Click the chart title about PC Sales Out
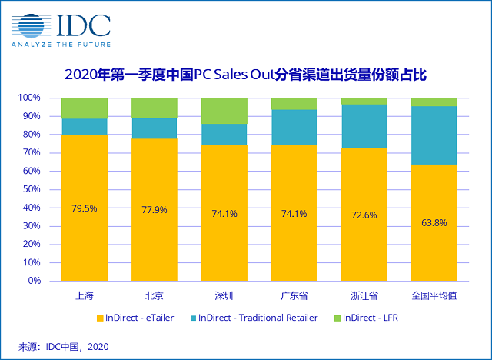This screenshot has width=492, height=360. coord(246,75)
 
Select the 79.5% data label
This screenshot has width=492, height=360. coord(84,208)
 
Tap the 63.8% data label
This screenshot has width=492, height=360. coord(434,223)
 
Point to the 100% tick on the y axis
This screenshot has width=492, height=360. coord(30,98)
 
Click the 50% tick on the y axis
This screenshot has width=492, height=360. coord(32,189)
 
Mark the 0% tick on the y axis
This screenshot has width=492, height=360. coord(35,281)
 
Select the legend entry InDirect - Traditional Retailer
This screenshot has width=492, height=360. coord(261,318)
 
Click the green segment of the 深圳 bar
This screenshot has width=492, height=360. coord(224,111)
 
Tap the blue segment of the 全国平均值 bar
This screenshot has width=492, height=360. coord(434,135)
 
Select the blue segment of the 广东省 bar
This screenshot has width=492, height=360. coord(294,127)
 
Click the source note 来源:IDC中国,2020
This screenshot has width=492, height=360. coord(65,347)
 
